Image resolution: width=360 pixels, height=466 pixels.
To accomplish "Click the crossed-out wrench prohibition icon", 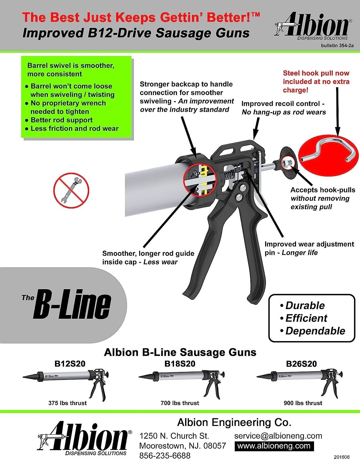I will pos(71,190).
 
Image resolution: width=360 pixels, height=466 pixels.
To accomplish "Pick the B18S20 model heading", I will pos(180,363).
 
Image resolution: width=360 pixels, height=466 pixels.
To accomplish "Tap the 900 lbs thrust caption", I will pos(303,403).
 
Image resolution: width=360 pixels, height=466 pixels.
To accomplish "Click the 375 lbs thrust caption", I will pos(67,403).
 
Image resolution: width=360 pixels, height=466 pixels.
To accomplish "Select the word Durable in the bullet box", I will pos(305,305).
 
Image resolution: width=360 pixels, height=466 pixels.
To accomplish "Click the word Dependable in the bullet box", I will pos(315,331).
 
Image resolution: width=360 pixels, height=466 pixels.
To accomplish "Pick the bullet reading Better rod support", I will pos(62,120).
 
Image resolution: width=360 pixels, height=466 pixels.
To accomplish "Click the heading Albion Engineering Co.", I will pos(234,423).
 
